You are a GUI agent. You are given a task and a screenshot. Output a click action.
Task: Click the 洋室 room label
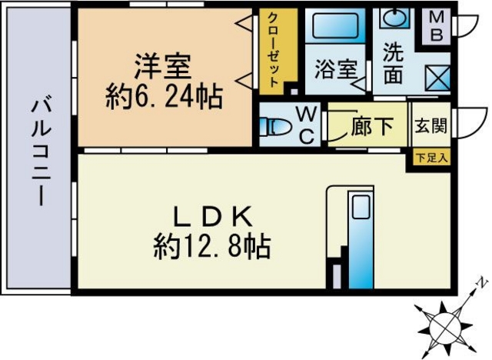point(163,67)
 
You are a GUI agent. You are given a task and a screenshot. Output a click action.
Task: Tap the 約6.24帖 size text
point(164,97)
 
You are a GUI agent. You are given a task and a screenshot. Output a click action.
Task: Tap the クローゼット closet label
point(272,50)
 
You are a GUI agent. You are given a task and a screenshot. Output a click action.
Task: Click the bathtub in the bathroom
point(335,25)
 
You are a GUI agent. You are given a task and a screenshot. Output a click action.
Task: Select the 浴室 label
point(335,69)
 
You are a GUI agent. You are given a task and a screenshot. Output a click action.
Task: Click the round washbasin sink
point(394,19)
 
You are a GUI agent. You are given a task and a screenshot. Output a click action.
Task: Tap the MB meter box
point(436,27)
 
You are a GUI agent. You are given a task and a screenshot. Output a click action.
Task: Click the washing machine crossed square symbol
point(437,78)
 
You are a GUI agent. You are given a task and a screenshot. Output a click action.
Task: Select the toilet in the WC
point(275,127)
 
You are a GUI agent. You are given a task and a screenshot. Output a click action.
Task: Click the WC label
point(307,125)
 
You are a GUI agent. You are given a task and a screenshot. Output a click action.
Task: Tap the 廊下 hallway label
point(372,126)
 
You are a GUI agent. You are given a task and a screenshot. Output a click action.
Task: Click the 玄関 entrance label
point(430,126)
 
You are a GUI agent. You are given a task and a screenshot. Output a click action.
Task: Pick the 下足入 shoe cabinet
point(432,158)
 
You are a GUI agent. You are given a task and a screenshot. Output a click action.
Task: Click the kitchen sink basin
point(361,207)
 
